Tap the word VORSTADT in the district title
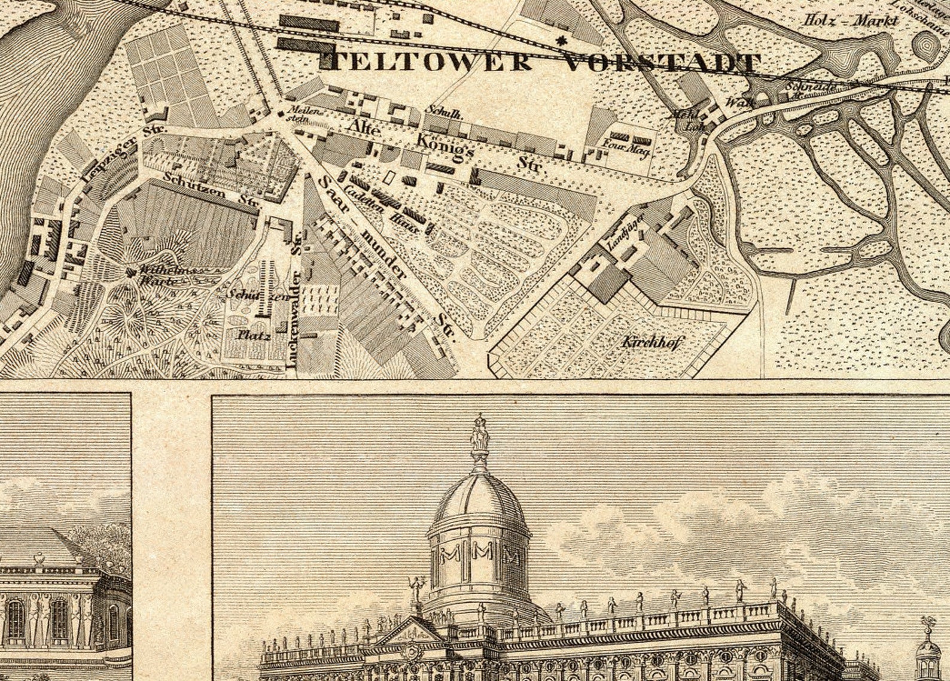click(662, 63)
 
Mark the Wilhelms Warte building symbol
click(131, 272)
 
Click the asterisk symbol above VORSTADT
click(561, 41)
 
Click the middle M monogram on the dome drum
click(480, 555)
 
